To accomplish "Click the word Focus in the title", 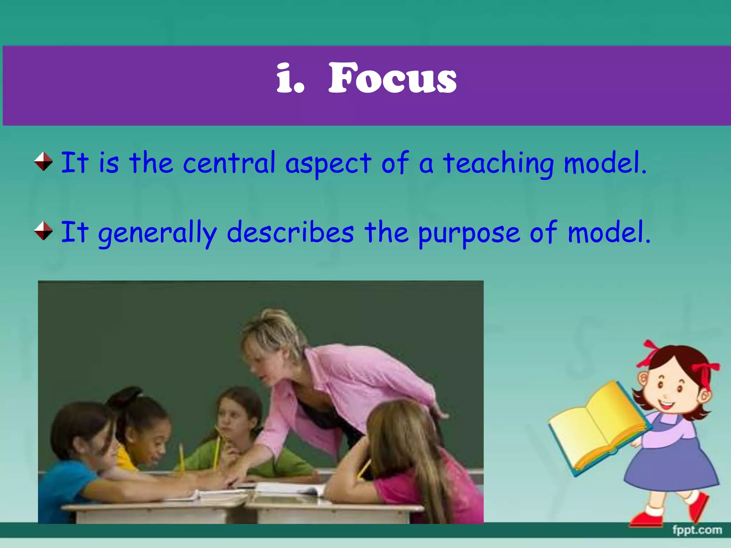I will (x=392, y=78).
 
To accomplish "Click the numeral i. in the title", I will (x=290, y=78).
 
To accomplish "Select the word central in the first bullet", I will (x=229, y=163).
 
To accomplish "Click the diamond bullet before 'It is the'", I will (x=44, y=161).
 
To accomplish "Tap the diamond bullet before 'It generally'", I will (x=44, y=231).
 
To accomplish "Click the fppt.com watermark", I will (x=697, y=530).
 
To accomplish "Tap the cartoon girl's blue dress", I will (x=671, y=464).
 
